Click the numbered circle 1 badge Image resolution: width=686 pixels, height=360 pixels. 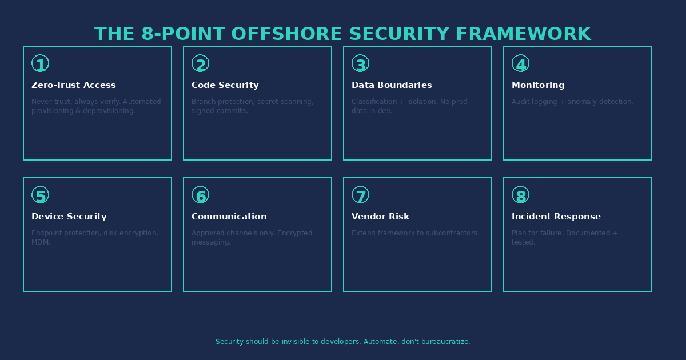pyautogui.click(x=40, y=64)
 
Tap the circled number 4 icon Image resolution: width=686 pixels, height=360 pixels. pyautogui.click(x=520, y=64)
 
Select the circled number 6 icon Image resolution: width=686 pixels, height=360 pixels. pyautogui.click(x=200, y=195)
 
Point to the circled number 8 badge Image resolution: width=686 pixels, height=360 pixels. pyautogui.click(x=520, y=195)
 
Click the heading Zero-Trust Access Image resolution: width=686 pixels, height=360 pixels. pyautogui.click(x=73, y=85)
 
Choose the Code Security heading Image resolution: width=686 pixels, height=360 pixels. pyautogui.click(x=225, y=85)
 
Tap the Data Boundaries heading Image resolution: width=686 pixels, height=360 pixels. pyautogui.click(x=392, y=85)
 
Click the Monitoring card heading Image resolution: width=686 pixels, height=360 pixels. pyautogui.click(x=538, y=85)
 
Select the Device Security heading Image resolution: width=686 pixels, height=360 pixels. pyautogui.click(x=69, y=217)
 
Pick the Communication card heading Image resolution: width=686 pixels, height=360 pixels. pyautogui.click(x=229, y=217)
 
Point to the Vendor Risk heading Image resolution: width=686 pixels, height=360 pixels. pyautogui.click(x=380, y=217)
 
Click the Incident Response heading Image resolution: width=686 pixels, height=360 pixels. pyautogui.click(x=556, y=217)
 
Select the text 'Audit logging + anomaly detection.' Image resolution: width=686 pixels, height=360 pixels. pyautogui.click(x=572, y=102)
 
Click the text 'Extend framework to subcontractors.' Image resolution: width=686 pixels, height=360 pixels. pyautogui.click(x=415, y=233)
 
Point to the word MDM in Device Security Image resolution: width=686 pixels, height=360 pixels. pyautogui.click(x=41, y=242)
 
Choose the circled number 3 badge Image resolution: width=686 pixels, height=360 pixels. pyautogui.click(x=360, y=64)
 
